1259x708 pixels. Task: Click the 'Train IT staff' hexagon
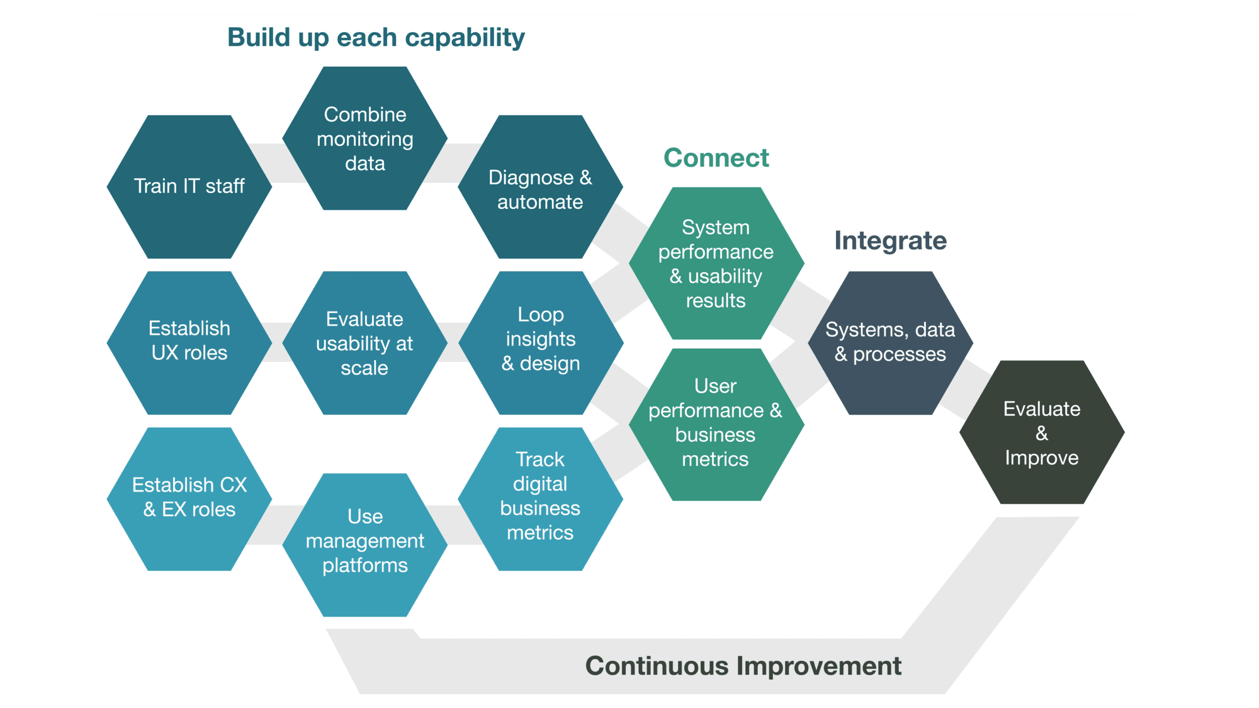point(189,186)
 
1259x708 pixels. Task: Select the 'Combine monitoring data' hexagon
point(365,138)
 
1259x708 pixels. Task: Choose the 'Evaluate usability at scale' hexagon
point(365,342)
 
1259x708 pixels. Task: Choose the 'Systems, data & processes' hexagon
point(890,342)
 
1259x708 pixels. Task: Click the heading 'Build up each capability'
point(376,38)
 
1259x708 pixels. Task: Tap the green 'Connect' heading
point(716,158)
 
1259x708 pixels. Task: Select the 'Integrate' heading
point(890,240)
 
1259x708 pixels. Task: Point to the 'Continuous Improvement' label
point(743,666)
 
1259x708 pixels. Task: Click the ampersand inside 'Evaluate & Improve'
point(1042,433)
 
